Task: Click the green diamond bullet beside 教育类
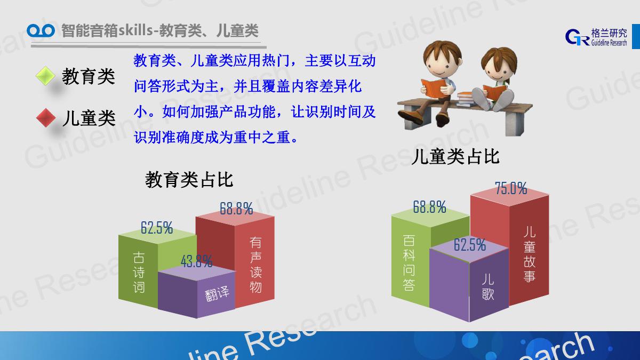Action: (x=45, y=76)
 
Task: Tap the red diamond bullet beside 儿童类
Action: (x=46, y=118)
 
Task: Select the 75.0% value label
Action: (x=511, y=188)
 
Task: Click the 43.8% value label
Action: (x=197, y=261)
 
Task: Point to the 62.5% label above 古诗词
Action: (x=157, y=228)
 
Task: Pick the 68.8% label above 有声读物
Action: (x=236, y=209)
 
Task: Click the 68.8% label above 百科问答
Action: (x=429, y=206)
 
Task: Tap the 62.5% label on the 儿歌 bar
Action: (x=470, y=245)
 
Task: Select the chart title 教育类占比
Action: (x=189, y=180)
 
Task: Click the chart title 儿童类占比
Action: (x=455, y=156)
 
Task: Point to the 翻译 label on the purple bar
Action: (x=217, y=293)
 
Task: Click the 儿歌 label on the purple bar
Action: (x=487, y=286)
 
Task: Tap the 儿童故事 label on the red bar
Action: (x=530, y=254)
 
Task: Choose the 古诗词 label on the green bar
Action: (x=139, y=273)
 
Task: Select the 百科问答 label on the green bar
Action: (x=409, y=263)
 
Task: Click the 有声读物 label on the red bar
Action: (x=255, y=265)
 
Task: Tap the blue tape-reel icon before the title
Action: (x=41, y=30)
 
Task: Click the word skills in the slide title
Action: (x=135, y=30)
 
